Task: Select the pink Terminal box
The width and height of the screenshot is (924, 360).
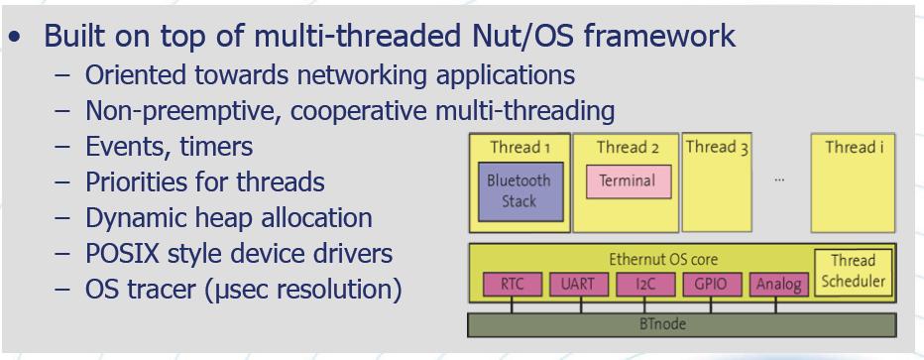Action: point(629,181)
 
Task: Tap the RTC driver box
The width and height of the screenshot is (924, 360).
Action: point(513,285)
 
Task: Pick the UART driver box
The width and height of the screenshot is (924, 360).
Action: point(579,285)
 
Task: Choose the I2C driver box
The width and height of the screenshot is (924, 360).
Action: point(645,285)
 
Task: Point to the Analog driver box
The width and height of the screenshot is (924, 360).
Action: point(778,285)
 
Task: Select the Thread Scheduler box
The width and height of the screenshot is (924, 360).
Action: point(854,272)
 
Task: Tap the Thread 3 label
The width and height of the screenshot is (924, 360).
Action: point(717,147)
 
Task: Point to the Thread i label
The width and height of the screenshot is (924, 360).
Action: point(854,147)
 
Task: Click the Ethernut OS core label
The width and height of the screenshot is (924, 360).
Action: point(663,259)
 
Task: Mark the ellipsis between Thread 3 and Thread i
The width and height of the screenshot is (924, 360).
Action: point(779,180)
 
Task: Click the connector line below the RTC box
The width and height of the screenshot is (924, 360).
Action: point(512,304)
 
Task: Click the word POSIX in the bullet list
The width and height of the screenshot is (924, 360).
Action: point(122,253)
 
